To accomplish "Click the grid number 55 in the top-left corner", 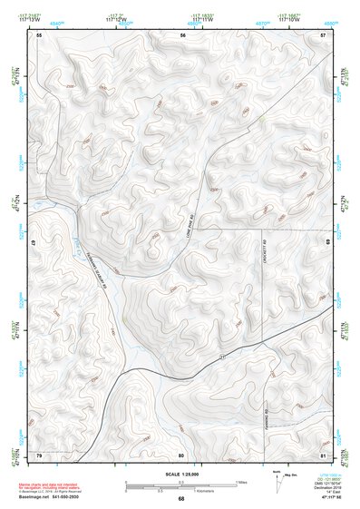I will pos(39,34).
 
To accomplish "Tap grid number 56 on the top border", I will pos(182,34).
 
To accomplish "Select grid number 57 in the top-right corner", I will pos(324,34).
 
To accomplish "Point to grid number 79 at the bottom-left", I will pos(39,455).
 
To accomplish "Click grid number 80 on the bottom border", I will pos(181,455).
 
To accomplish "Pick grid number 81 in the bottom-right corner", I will pos(324,455).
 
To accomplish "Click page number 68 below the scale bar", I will pos(181,498).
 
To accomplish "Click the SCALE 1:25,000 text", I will pos(181,475).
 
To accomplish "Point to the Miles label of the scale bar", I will pos(241,482).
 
